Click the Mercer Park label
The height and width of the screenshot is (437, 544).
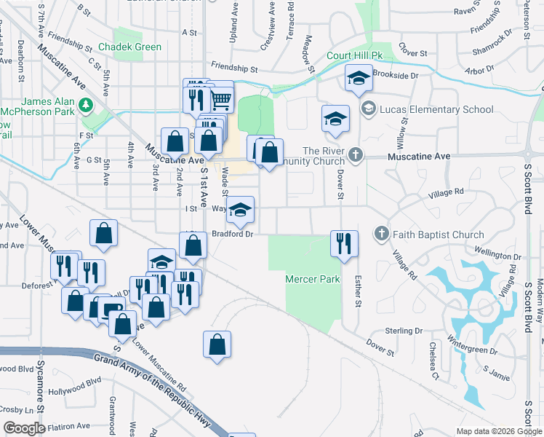pyautogui.click(x=313, y=279)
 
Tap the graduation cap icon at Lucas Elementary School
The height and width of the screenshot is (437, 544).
pyautogui.click(x=368, y=109)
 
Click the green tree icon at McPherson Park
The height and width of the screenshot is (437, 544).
pyautogui.click(x=86, y=105)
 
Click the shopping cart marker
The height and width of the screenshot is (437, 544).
pyautogui.click(x=222, y=100)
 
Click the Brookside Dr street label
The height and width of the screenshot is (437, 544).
pyautogui.click(x=396, y=74)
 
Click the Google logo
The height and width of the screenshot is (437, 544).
pyautogui.click(x=24, y=428)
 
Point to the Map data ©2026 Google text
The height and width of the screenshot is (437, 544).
pyautogui.click(x=498, y=431)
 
